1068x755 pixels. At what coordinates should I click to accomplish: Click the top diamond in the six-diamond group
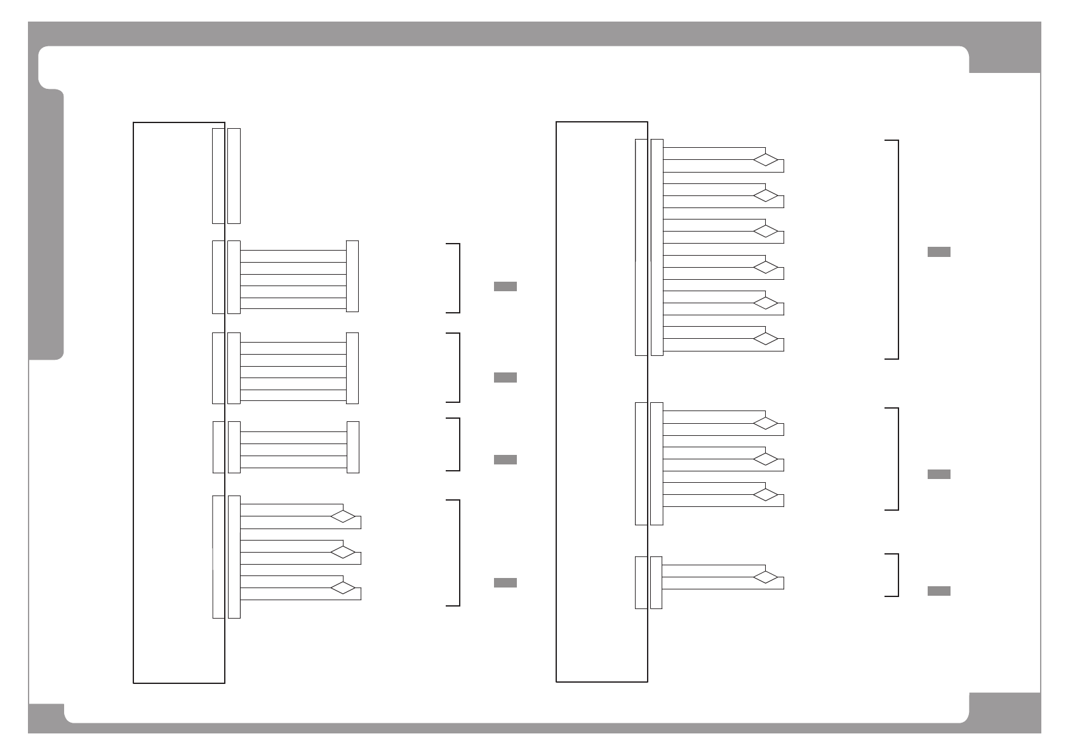(x=765, y=160)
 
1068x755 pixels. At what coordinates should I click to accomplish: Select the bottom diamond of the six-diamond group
(x=765, y=339)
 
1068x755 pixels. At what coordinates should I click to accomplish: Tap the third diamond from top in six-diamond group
(x=765, y=232)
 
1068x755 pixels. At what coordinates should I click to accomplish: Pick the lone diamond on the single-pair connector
(x=765, y=577)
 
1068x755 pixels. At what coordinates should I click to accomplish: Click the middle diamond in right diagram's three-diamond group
(x=765, y=459)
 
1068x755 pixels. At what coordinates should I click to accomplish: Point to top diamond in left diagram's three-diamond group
(x=343, y=516)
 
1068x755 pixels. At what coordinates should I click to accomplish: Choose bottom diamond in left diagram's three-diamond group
(x=343, y=588)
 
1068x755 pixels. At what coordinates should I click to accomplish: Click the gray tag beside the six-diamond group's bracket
(x=938, y=252)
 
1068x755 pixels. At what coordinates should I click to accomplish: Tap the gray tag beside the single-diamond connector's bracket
(x=938, y=591)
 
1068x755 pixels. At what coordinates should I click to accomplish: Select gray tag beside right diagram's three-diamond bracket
(x=938, y=474)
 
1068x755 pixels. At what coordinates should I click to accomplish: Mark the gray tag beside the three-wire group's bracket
(x=505, y=459)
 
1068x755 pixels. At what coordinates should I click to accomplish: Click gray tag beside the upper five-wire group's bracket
(x=505, y=286)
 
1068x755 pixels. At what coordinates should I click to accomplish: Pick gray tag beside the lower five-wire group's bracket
(x=505, y=377)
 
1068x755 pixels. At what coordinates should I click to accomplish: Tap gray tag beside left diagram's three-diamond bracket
(x=505, y=582)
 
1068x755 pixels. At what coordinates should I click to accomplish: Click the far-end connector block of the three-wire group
(x=353, y=447)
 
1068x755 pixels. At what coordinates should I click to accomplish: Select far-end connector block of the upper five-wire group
(x=352, y=276)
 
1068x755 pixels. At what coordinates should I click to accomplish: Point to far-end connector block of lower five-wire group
(x=352, y=368)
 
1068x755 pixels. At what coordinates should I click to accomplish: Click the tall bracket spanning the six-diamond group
(x=897, y=249)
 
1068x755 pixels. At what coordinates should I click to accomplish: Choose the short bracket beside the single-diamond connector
(x=897, y=575)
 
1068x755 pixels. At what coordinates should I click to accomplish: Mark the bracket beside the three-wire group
(x=458, y=444)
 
